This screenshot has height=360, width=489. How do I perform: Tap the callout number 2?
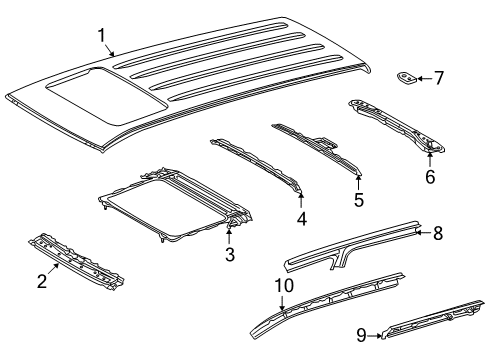42,281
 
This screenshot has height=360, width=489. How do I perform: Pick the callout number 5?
358,198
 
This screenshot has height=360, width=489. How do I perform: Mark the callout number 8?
464,262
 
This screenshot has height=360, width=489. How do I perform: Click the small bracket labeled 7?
409,77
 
